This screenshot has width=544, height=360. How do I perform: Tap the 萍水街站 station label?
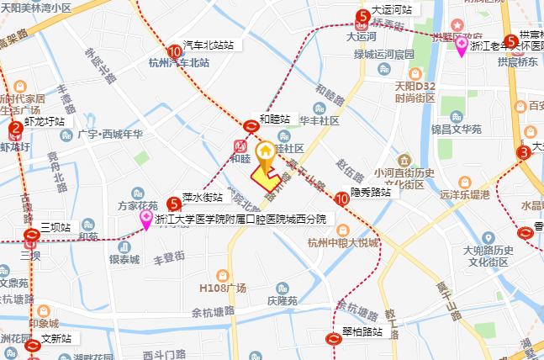coord(202,198)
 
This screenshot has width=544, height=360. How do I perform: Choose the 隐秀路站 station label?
coord(371,192)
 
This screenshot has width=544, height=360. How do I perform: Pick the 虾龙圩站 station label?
coord(45,121)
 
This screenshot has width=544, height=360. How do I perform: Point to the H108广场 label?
coord(222,289)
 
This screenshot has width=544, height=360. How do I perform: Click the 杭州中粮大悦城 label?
coord(342,244)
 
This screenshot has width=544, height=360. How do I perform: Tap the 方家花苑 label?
coord(137,205)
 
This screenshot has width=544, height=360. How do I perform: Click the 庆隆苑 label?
coord(282,300)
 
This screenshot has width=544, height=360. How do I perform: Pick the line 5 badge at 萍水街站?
coord(174,204)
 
